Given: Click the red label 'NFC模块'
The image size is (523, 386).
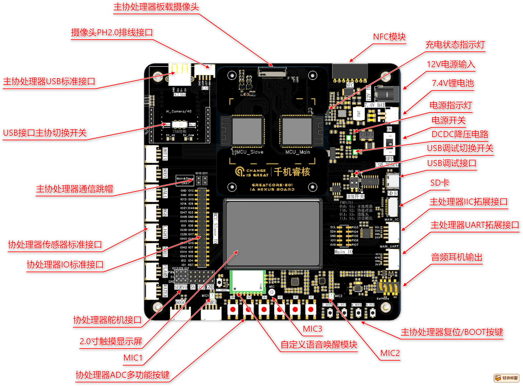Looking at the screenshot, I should coord(389,37).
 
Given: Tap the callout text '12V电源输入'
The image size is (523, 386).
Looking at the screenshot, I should coord(451,64).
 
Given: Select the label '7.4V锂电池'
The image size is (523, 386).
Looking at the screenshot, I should coord(453,83).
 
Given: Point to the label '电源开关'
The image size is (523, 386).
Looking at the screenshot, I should coord(448,120).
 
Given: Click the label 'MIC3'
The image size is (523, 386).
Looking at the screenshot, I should coord(312,329).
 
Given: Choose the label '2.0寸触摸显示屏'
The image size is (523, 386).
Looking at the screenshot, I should coord(111,341).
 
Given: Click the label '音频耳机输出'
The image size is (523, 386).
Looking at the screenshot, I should coord(457,257).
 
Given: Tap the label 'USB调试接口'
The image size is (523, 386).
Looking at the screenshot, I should coord(452,163).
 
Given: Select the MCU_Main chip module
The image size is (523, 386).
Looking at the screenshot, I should coord(297,131).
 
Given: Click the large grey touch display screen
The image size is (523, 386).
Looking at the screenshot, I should coord(273,234).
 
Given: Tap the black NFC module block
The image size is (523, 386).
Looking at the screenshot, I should coord(350,71).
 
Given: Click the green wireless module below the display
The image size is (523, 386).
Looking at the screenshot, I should coord(247,281).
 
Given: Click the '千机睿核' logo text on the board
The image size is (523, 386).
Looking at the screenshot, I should coord(292,172).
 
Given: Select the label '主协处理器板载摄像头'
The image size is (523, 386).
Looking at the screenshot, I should coord(156,7).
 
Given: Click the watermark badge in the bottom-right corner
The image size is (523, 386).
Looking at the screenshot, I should coord(507,378).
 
